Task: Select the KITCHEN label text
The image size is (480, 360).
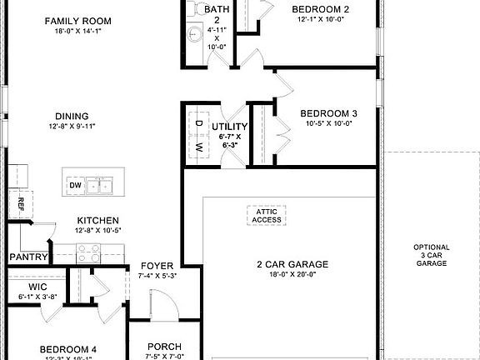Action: tap(98, 221)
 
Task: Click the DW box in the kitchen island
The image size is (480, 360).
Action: tap(76, 185)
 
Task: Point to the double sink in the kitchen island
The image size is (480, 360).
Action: tap(105, 185)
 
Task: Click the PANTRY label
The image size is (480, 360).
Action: tap(28, 257)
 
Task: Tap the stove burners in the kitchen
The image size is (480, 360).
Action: tap(88, 248)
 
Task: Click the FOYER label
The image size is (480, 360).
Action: tap(157, 266)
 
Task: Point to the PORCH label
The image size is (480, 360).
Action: tap(164, 347)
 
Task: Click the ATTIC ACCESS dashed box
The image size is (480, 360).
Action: tap(267, 216)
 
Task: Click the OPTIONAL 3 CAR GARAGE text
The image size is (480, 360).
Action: tap(432, 255)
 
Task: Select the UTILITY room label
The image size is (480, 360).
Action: tap(230, 127)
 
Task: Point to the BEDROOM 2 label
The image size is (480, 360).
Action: tap(320, 10)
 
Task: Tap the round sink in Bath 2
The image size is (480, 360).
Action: tap(194, 34)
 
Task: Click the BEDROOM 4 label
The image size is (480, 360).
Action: tap(70, 350)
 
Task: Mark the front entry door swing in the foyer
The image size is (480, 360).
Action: tap(158, 304)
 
